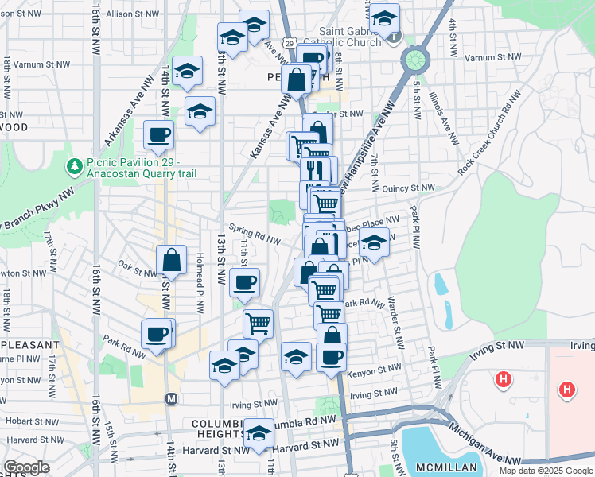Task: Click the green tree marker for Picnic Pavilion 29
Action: click(75, 166)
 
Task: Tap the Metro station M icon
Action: click(170, 397)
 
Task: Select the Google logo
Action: click(26, 467)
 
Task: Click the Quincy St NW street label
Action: click(408, 188)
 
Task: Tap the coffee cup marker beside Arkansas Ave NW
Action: click(158, 134)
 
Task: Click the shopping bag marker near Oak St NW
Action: click(171, 259)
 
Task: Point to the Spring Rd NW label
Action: click(255, 238)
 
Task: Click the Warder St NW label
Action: click(392, 312)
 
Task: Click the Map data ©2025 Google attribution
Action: click(546, 471)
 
